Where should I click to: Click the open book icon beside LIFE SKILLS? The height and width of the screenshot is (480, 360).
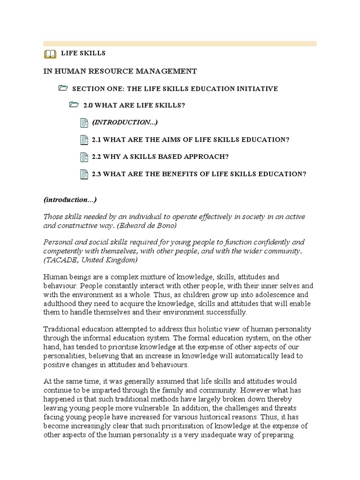[49, 54]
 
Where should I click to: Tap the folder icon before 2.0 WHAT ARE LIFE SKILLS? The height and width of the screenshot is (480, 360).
[74, 105]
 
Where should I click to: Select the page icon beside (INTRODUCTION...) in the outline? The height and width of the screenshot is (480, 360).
[84, 123]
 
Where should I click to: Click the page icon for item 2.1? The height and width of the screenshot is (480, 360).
[84, 140]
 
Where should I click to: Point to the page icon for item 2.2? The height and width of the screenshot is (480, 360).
[84, 157]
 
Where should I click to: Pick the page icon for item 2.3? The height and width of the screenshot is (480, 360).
[84, 174]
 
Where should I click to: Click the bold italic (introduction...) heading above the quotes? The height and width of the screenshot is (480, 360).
[70, 200]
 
